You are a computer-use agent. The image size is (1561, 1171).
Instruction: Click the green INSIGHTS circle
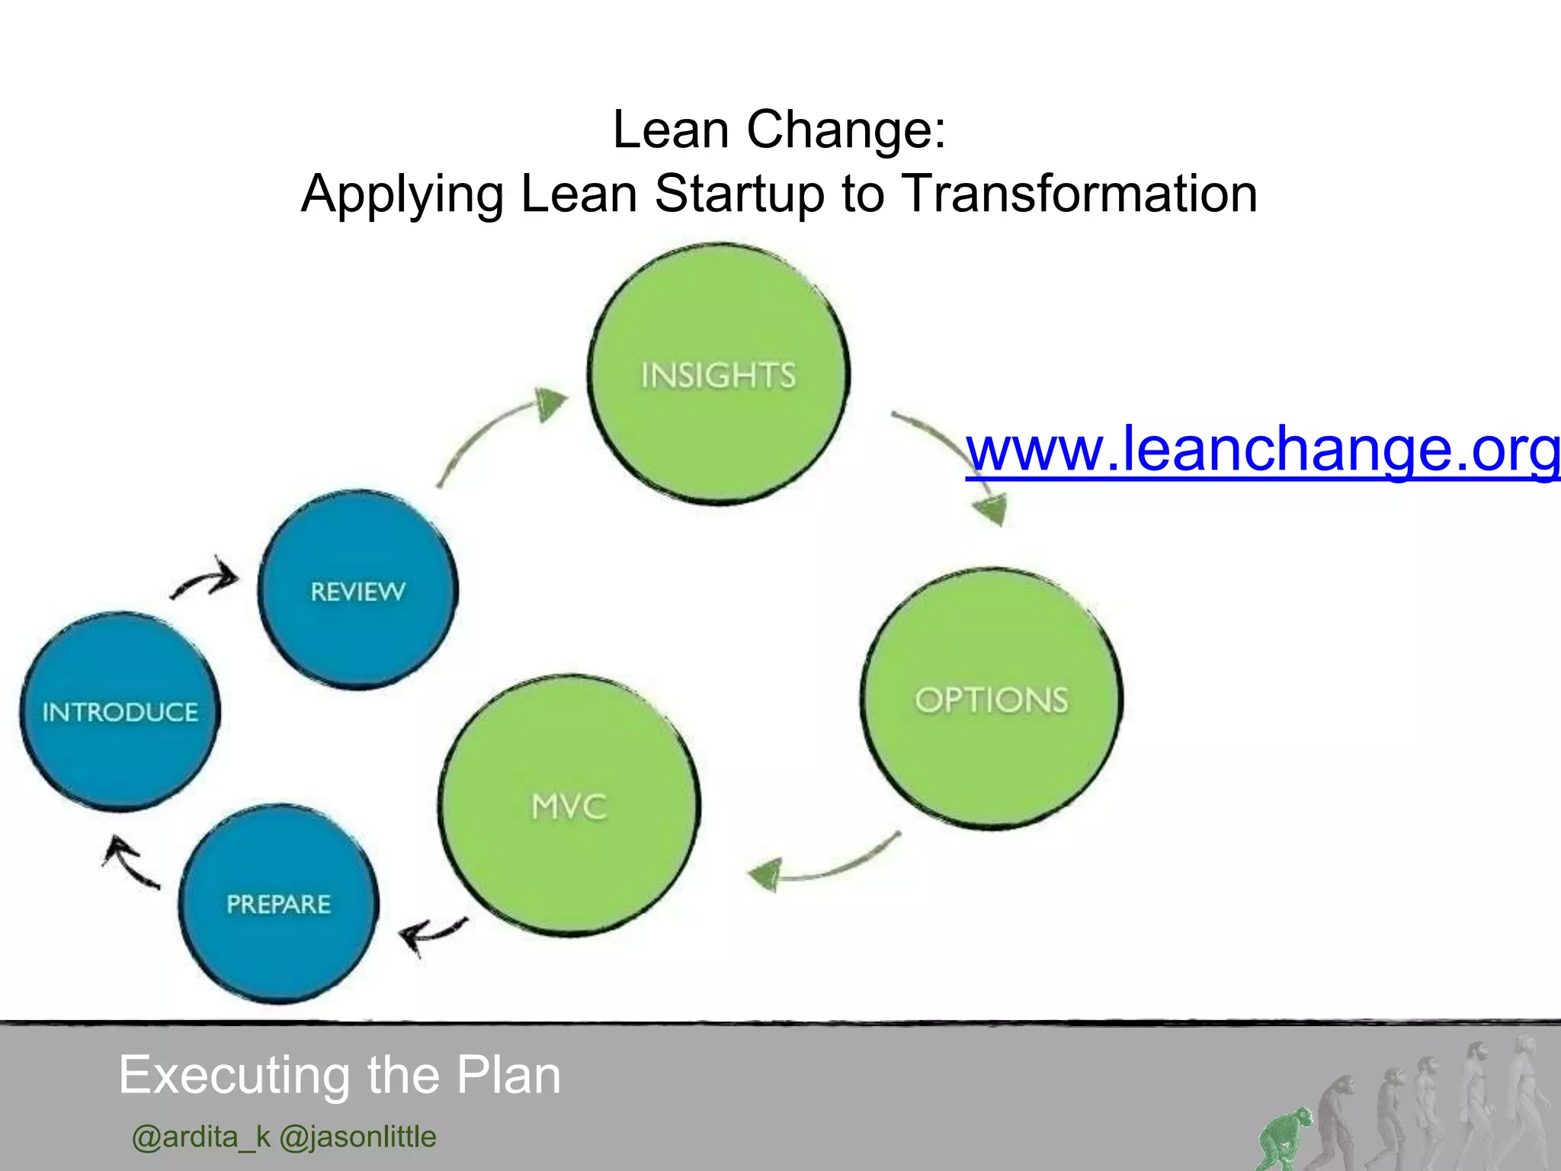[719, 374]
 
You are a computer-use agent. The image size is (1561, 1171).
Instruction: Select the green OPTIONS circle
[991, 698]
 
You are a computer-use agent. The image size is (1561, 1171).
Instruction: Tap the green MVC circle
[569, 806]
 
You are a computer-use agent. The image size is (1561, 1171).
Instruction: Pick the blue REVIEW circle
[357, 590]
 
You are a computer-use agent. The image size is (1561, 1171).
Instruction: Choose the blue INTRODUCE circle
[120, 712]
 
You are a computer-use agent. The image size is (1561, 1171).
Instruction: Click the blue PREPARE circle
[278, 904]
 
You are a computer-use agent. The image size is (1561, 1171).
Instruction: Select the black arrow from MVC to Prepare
[431, 934]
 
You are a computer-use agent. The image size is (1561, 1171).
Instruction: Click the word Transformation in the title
[1079, 194]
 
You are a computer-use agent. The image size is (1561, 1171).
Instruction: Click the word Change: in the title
[846, 130]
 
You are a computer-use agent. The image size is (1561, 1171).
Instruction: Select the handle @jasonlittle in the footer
[357, 1137]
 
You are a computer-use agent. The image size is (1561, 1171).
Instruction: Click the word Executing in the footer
[237, 1076]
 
